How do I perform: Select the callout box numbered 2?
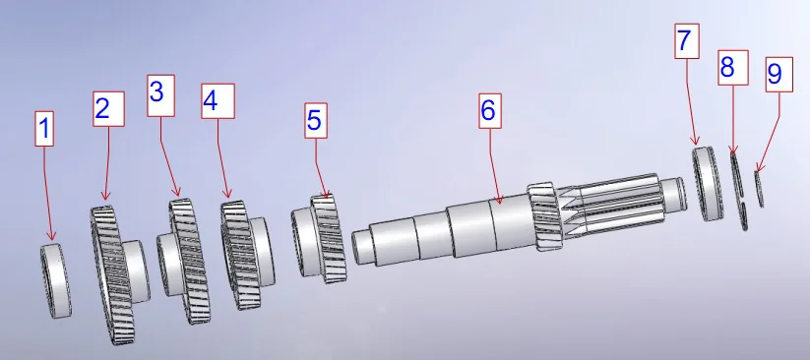click(108, 107)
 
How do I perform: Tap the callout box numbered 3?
click(160, 92)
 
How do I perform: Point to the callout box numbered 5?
click(314, 121)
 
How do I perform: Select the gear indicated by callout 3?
click(187, 261)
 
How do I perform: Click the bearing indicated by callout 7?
click(706, 183)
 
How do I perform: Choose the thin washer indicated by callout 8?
click(739, 189)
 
